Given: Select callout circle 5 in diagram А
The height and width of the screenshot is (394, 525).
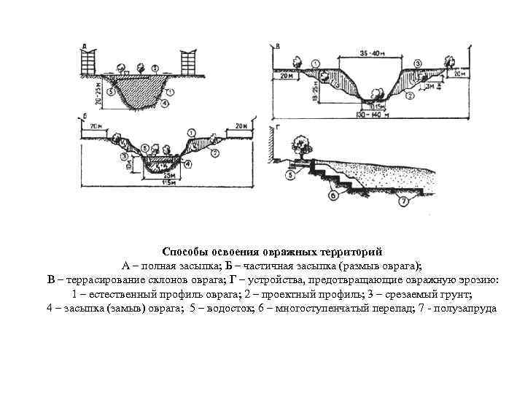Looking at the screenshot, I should coord(109,93).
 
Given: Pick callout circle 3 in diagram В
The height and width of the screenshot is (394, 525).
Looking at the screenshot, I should coord(418,63).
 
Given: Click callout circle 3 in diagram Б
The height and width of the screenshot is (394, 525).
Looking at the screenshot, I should coord(125,155).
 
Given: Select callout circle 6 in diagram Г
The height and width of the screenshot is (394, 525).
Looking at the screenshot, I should coord(333,196).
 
